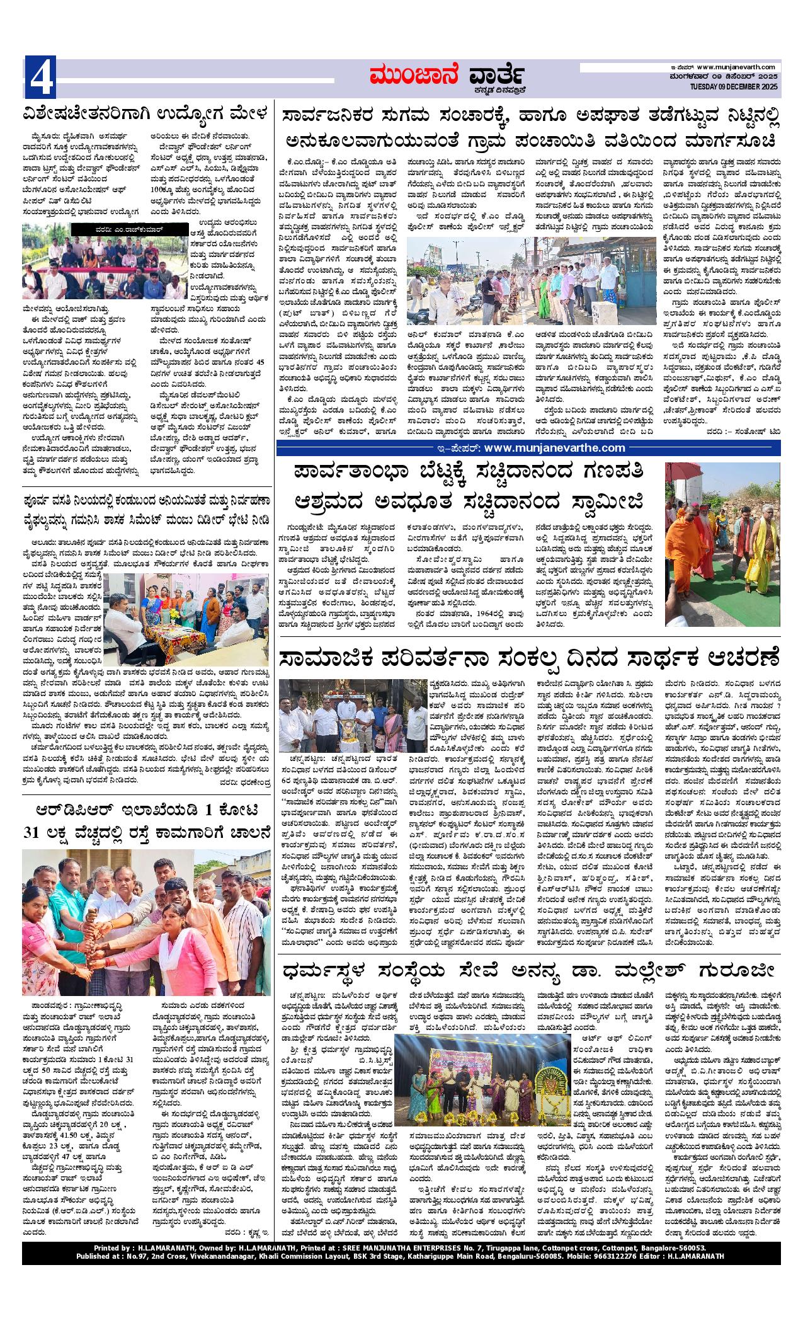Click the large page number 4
40,76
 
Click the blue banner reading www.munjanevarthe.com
528,448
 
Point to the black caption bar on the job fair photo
139,231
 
